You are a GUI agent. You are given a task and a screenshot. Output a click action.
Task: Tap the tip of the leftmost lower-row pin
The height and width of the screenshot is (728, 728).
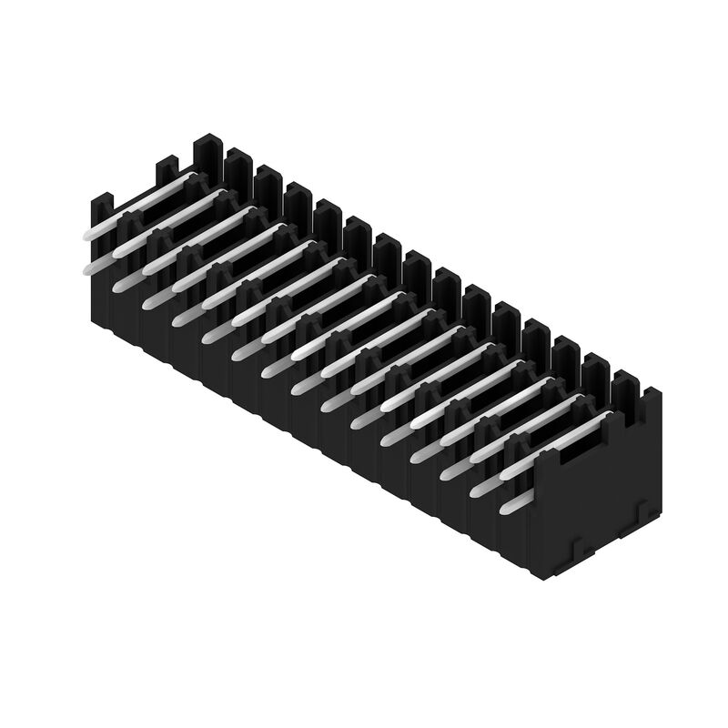coord(88,267)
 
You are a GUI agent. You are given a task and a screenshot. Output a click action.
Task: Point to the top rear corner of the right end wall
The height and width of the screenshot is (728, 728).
coord(656,393)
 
